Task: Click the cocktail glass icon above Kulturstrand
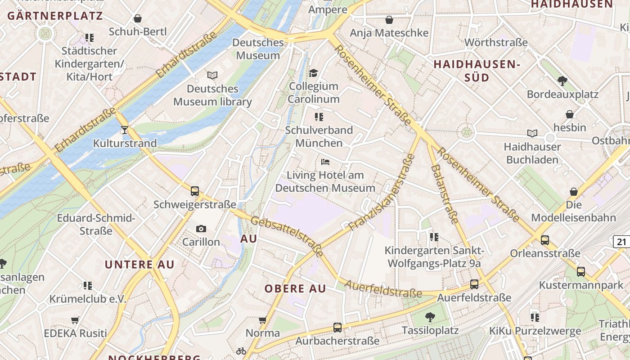coord(125,130)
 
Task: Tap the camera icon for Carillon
coord(201,229)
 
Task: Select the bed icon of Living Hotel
coord(325,162)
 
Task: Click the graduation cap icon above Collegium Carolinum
coord(313,73)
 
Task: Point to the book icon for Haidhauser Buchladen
coord(532,133)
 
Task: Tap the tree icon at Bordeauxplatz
coord(562,81)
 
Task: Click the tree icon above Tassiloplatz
coord(430,317)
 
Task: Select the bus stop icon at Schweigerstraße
coord(194,191)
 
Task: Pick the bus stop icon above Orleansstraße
coord(545,240)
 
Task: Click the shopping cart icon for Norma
coord(263,320)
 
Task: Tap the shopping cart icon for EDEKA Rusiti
coord(75,320)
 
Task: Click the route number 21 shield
coord(621,242)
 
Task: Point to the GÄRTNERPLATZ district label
coord(55,16)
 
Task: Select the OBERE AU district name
coord(295,289)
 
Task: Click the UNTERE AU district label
coord(139,265)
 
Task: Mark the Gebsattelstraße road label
coord(287,237)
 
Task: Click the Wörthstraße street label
coord(496,43)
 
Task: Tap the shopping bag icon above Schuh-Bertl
coord(138,18)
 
